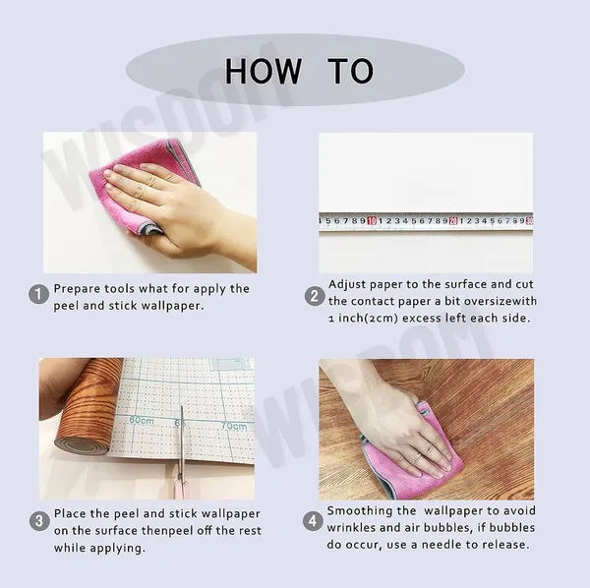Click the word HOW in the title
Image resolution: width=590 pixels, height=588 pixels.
click(263, 71)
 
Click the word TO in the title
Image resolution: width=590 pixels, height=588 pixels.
click(351, 71)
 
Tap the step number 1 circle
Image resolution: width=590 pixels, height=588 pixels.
click(38, 294)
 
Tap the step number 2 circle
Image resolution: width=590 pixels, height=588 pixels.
click(315, 296)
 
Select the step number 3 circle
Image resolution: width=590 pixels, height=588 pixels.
click(39, 521)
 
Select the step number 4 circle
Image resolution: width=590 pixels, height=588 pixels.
click(313, 521)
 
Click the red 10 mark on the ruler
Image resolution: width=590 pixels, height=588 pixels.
click(372, 221)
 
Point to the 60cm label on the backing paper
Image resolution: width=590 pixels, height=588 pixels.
click(142, 420)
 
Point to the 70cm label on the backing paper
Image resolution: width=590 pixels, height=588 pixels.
click(234, 426)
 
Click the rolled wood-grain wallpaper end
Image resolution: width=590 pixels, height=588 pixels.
click(83, 444)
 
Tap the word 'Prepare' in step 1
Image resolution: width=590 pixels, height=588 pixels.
click(77, 289)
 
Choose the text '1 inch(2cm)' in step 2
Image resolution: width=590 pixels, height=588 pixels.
click(363, 319)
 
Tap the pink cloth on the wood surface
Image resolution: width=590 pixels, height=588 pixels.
click(414, 457)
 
